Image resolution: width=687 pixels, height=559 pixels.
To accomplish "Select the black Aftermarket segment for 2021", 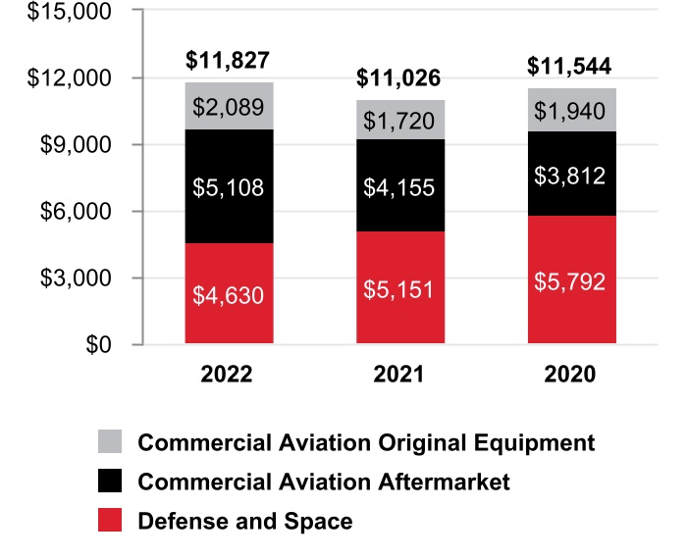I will [x=400, y=186].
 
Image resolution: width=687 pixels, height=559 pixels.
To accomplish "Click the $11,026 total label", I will [x=399, y=77].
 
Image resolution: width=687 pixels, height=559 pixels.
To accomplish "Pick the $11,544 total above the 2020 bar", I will [x=569, y=67].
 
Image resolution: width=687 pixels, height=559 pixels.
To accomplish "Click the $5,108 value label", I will [x=229, y=187].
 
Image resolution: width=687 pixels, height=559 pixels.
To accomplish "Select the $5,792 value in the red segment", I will [x=571, y=281].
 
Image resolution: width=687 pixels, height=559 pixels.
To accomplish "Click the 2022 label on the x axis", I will [x=227, y=375].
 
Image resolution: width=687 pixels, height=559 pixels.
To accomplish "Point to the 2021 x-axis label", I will [x=399, y=375].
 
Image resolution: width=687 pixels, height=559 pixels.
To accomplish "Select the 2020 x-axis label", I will [x=570, y=375].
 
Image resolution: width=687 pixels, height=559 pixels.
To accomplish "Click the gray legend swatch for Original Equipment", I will [x=111, y=442].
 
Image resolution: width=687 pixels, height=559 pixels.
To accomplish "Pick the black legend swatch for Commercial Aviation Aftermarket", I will [x=111, y=482].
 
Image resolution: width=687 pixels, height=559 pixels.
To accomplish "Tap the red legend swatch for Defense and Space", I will [x=111, y=521].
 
